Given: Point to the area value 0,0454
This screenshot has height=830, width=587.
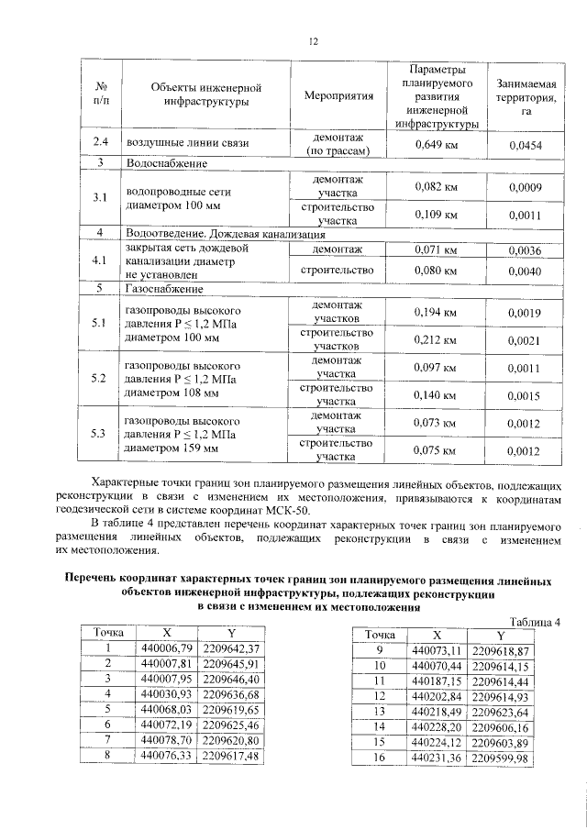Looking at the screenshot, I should tap(524, 144).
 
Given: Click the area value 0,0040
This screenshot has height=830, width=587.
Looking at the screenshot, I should tap(524, 271).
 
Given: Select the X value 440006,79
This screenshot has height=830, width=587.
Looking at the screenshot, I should tap(168, 649).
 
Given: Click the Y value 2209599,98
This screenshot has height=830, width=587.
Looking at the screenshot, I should tap(500, 758).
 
